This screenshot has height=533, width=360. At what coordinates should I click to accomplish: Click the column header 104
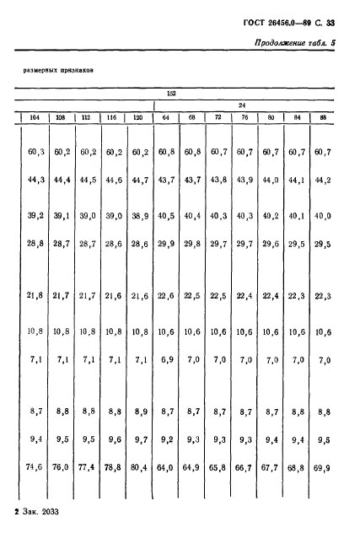pos(34,117)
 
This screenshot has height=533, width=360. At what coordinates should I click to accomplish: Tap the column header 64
pos(165,117)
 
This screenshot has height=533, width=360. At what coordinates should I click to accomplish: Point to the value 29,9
pos(167,244)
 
